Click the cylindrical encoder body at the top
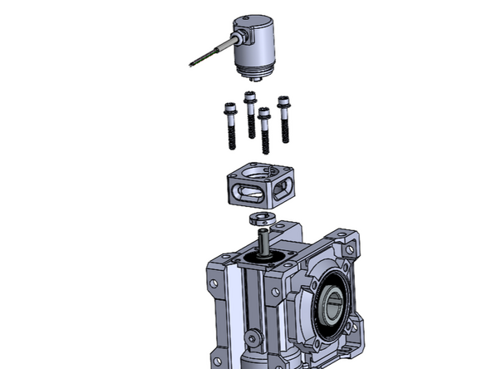point(258,50)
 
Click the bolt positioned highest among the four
point(250,112)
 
